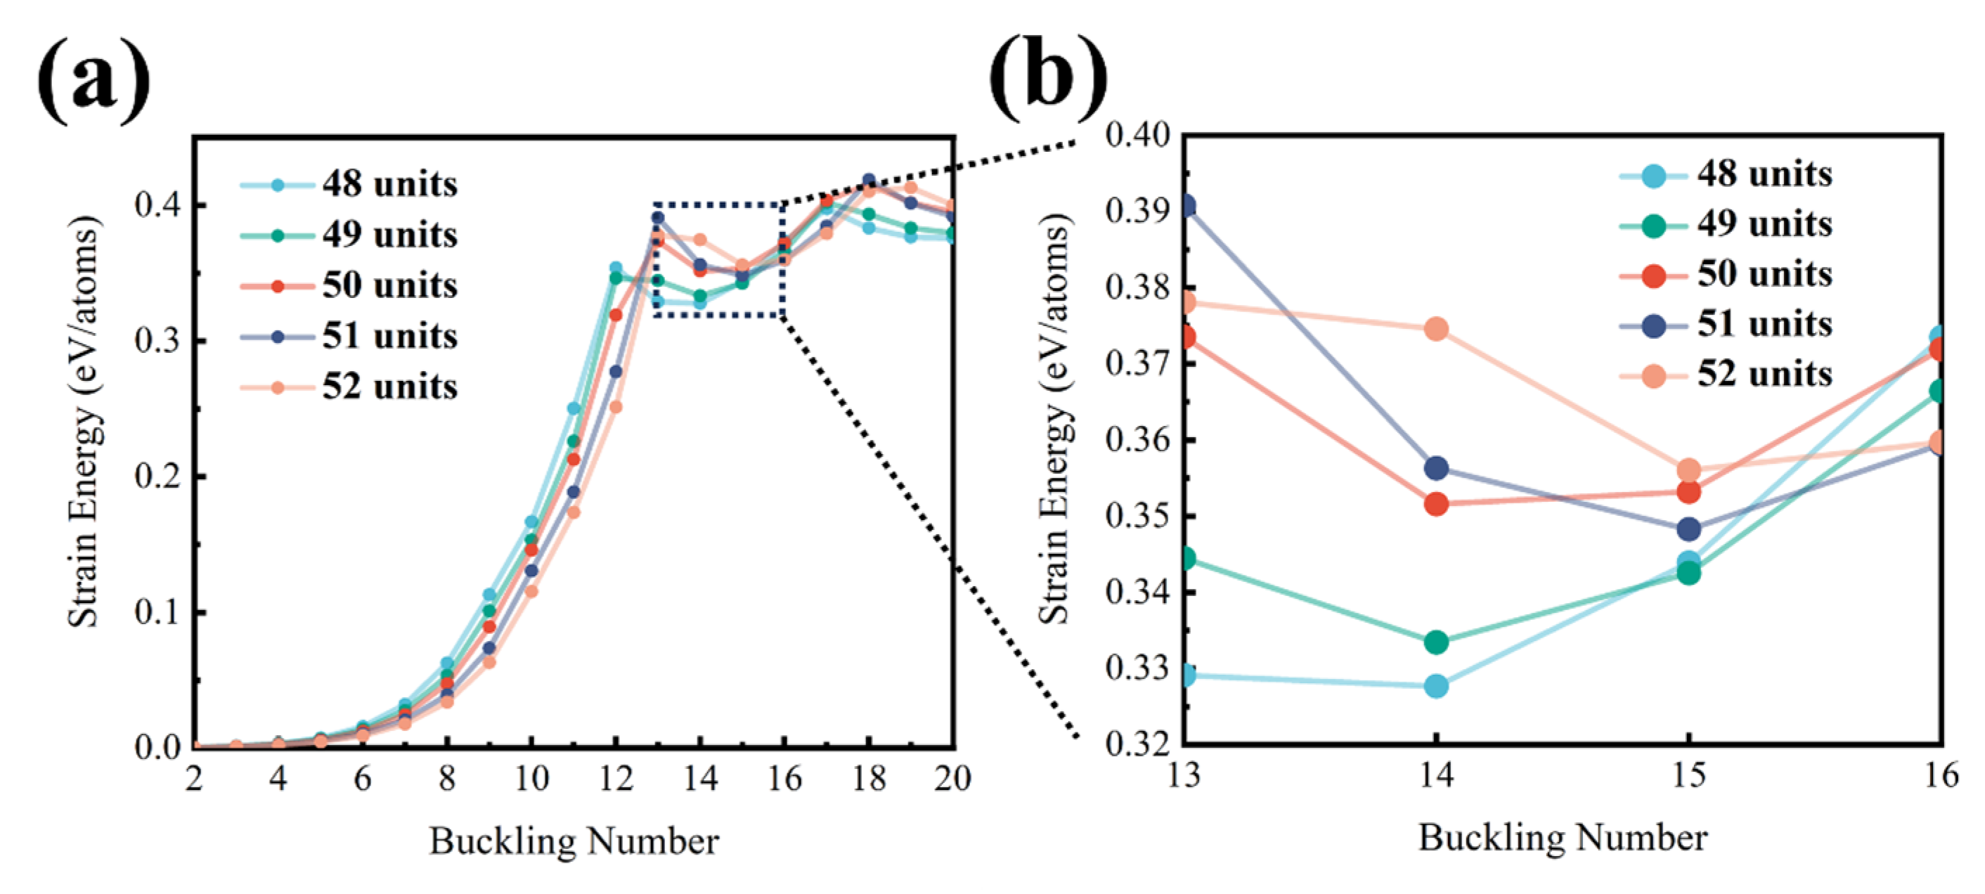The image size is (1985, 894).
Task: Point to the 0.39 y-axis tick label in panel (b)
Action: click(x=1137, y=210)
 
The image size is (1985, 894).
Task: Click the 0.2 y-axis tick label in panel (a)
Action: click(x=157, y=477)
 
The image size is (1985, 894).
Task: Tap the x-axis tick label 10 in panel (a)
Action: click(x=531, y=779)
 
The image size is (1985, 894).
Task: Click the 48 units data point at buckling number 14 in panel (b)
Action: click(x=1435, y=685)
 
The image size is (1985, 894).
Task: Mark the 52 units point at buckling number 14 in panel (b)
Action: click(x=1435, y=329)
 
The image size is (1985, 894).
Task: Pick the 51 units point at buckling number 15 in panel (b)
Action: click(x=1688, y=529)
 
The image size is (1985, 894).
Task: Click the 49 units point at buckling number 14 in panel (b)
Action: click(x=1435, y=641)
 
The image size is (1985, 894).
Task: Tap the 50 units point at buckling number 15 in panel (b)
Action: click(x=1688, y=491)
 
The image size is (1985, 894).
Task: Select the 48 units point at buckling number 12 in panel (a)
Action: click(x=616, y=268)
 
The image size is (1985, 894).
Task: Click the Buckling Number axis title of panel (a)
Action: click(x=574, y=841)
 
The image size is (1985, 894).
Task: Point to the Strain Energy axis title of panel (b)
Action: click(x=1054, y=420)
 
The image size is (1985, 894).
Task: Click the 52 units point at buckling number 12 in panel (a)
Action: click(x=616, y=406)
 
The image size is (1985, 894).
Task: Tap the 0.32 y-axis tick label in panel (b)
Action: click(x=1137, y=744)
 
